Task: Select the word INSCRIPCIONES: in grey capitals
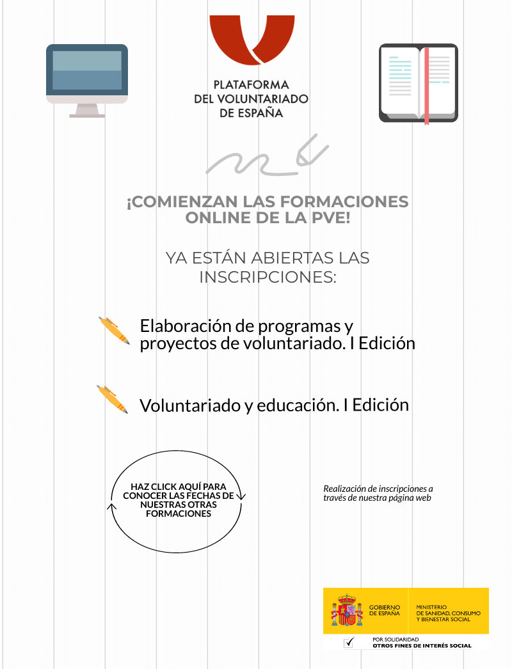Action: tap(268, 278)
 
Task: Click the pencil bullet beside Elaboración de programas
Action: tap(115, 331)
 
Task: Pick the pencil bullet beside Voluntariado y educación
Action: tap(112, 399)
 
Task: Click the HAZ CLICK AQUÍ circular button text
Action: tap(178, 500)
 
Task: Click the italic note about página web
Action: tap(378, 492)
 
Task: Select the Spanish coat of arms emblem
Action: tap(346, 610)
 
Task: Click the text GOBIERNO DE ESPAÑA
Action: tap(385, 610)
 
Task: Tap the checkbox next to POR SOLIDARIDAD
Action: tap(349, 643)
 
